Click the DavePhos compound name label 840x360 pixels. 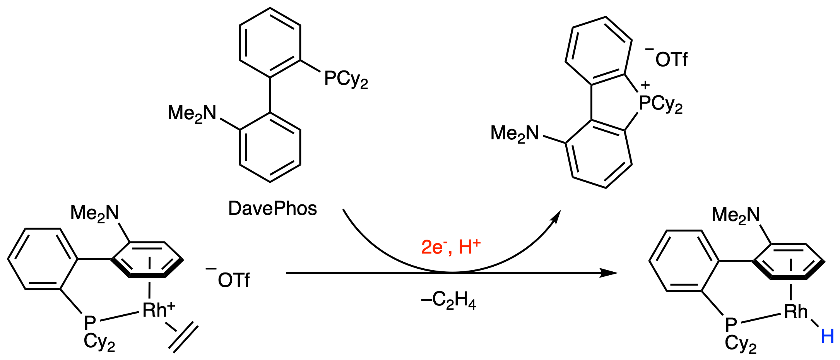coord(272,209)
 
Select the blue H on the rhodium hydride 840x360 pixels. coord(827,336)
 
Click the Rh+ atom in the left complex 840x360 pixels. coord(158,310)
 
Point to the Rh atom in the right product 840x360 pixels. coord(796,312)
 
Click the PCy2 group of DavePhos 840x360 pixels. coord(346,79)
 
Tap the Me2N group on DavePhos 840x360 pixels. coord(192,114)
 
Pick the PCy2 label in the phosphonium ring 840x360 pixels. coord(660,104)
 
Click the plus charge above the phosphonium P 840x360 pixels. coord(645,85)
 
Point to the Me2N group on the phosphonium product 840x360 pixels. coord(515,134)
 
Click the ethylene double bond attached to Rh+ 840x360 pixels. coord(183,339)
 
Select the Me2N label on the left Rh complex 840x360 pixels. coord(94,213)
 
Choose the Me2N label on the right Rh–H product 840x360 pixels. coord(736,215)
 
